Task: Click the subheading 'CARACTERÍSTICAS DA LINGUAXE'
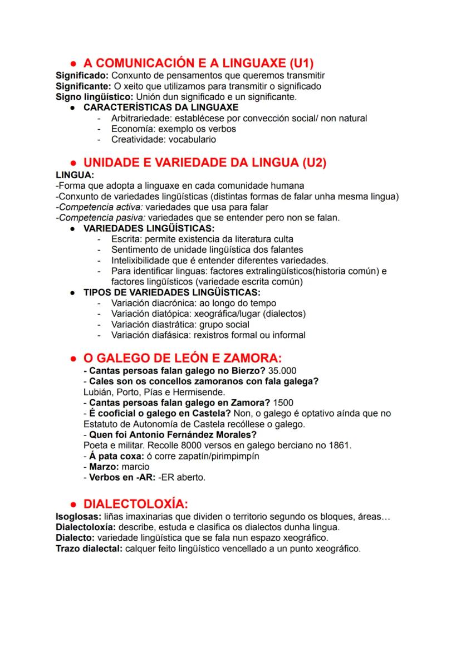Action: (x=161, y=107)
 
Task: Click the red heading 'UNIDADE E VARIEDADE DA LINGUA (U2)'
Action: (x=204, y=163)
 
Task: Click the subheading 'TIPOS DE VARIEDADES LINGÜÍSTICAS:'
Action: (x=172, y=292)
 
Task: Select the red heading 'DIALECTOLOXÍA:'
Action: (x=135, y=504)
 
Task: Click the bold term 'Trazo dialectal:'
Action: (x=89, y=549)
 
